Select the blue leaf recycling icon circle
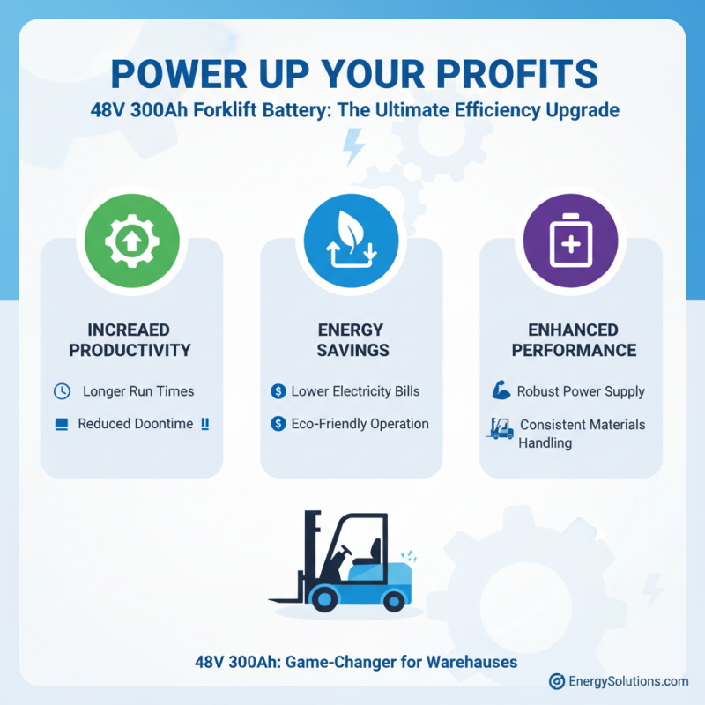(x=352, y=238)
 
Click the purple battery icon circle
(x=570, y=238)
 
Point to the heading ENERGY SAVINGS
(x=352, y=339)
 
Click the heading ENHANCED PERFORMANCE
(x=570, y=339)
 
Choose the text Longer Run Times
(x=138, y=390)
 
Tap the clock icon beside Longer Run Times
(x=62, y=390)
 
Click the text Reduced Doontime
(x=135, y=424)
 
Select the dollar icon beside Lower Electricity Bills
(x=278, y=390)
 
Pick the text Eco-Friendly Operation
(x=360, y=424)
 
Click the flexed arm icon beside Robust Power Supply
(x=498, y=390)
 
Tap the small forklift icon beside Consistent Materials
(x=500, y=428)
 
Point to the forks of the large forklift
(x=286, y=600)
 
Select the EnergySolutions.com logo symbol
(x=556, y=681)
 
